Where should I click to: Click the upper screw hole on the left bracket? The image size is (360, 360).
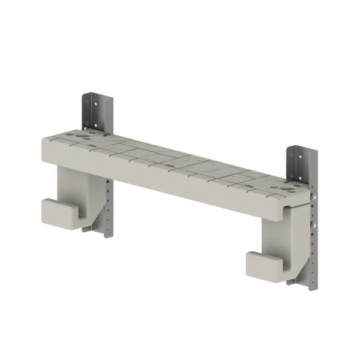coord(95,100)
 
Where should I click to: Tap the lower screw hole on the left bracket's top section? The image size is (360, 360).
coord(95,127)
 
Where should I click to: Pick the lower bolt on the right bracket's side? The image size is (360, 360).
coord(313,226)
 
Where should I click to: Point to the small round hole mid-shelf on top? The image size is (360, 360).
coord(171,162)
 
